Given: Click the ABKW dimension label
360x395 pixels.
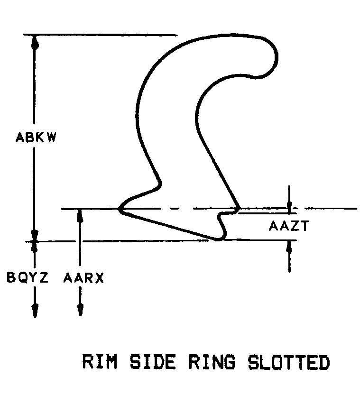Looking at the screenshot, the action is (36, 138).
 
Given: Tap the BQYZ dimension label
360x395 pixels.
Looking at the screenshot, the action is (27, 277).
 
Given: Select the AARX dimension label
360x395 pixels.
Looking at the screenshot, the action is (83, 278).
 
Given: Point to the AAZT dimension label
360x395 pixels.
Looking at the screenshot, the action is (289, 226).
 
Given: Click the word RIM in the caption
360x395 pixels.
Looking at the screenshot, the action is (100, 361).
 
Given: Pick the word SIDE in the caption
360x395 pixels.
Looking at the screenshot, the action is (152, 362).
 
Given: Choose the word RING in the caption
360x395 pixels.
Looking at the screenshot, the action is (212, 362).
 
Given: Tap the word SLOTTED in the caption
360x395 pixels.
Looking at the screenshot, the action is (289, 362).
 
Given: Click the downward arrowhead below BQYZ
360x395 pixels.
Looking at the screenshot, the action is (35, 311).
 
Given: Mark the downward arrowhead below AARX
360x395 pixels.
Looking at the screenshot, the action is (80, 310).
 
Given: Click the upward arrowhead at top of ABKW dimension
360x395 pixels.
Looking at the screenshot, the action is (35, 42).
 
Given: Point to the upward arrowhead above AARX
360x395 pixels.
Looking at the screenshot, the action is (80, 216).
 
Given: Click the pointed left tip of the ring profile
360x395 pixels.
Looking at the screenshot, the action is (119, 209).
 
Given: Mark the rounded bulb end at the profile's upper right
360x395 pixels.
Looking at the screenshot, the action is (267, 57).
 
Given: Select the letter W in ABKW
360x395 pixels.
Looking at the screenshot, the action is (51, 138).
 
